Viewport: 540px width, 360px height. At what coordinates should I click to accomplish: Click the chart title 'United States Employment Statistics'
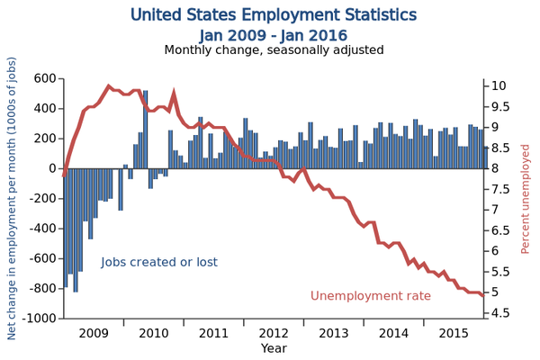274,15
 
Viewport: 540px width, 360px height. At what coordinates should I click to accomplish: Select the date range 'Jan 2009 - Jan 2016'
274,34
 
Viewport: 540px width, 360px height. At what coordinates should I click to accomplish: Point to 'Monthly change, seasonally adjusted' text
274,50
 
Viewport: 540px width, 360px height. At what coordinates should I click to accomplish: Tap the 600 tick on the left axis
43,78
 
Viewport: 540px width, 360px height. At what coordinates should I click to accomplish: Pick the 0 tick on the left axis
52,168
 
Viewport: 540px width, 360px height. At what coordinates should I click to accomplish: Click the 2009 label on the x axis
94,333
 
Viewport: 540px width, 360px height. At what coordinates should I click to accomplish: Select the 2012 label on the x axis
274,333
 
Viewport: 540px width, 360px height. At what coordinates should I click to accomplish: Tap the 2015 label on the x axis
454,333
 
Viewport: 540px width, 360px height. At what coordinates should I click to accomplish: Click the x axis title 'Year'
274,348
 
